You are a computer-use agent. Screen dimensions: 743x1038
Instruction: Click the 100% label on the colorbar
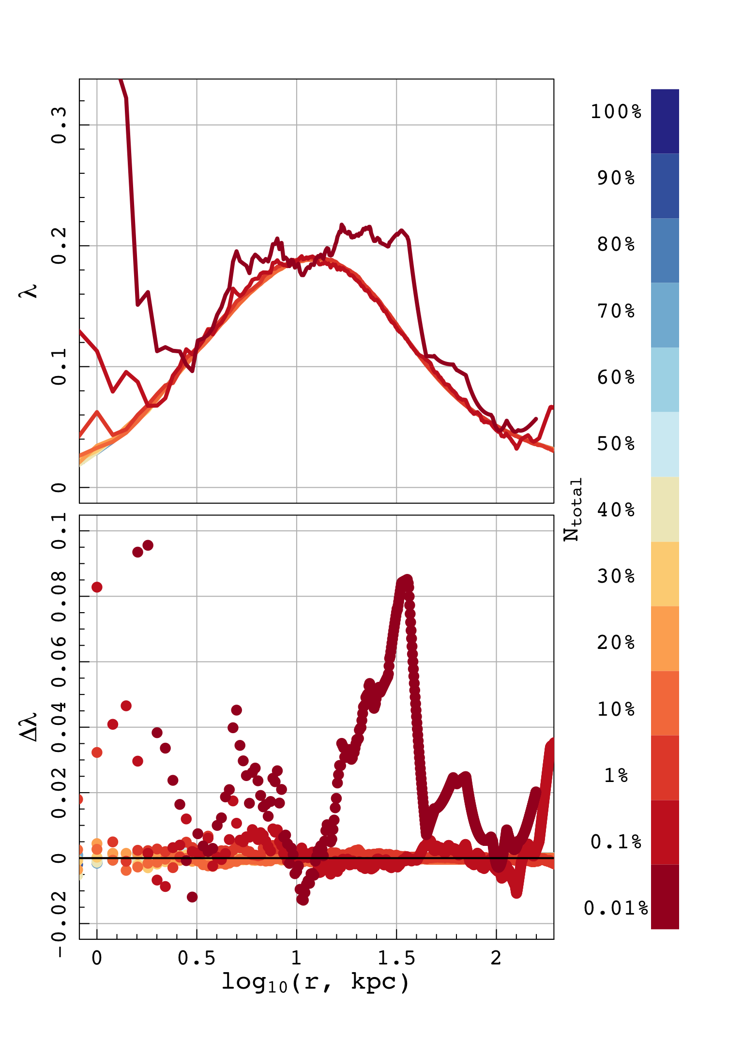click(x=616, y=112)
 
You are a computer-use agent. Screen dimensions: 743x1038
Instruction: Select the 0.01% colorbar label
click(x=616, y=908)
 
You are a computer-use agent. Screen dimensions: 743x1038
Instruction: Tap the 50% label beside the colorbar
click(x=616, y=444)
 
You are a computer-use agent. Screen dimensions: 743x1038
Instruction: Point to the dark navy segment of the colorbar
click(x=665, y=121)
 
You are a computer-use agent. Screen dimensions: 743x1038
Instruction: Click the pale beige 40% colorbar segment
click(x=665, y=509)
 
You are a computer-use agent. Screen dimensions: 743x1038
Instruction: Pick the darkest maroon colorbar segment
click(x=665, y=897)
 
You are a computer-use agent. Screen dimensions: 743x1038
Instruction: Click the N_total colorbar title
click(x=573, y=509)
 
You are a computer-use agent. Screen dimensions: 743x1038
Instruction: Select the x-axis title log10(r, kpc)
click(x=316, y=982)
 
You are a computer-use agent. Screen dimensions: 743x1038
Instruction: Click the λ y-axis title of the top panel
click(x=29, y=290)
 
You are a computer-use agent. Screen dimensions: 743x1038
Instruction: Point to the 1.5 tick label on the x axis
click(x=396, y=958)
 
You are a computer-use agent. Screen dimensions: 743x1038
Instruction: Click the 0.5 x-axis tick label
click(x=197, y=958)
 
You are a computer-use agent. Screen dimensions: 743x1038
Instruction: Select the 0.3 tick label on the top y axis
click(x=59, y=125)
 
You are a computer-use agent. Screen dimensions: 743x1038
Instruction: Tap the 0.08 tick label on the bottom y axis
click(x=59, y=596)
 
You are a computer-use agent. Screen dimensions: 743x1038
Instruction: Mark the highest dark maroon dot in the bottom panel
click(x=148, y=545)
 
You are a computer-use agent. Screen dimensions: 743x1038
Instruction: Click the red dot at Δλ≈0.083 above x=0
click(x=97, y=587)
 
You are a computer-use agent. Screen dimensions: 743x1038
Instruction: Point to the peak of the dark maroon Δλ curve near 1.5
click(x=407, y=580)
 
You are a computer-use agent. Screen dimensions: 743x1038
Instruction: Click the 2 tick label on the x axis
click(x=496, y=958)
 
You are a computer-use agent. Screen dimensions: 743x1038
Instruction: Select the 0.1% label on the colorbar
click(x=616, y=842)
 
